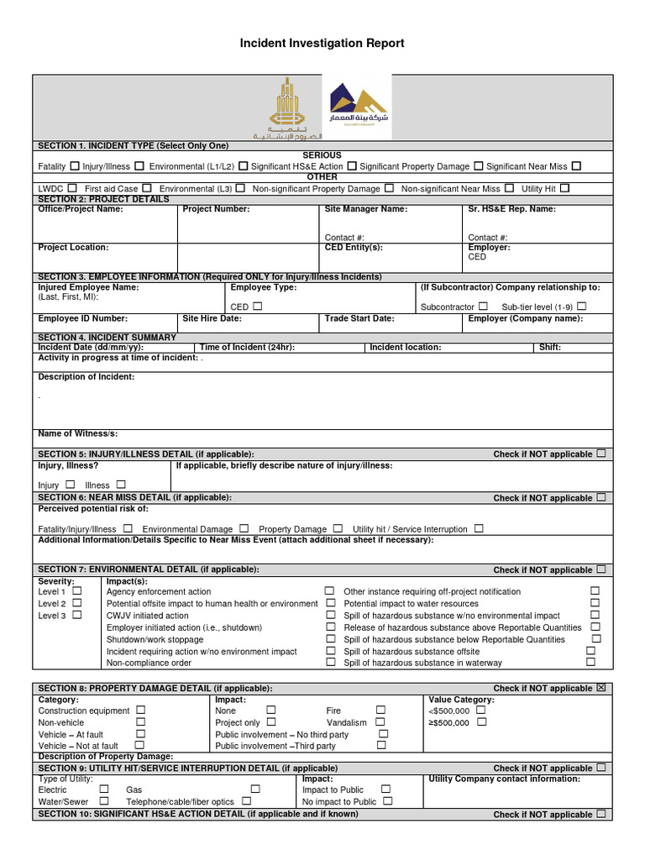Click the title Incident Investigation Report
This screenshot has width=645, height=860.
point(322,43)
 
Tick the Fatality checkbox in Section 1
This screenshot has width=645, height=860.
point(76,166)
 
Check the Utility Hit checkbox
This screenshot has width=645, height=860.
point(564,188)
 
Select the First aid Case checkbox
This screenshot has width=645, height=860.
point(147,188)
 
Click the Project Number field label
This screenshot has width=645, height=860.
point(216,209)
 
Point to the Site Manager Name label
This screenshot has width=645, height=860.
point(365,209)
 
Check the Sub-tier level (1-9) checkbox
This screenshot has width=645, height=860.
point(582,307)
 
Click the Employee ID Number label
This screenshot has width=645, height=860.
point(83,318)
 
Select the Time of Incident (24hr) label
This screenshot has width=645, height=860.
point(246,347)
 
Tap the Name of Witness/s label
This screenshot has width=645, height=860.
point(78,433)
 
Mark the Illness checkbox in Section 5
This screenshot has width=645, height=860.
point(121,485)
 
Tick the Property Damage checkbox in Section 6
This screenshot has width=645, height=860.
point(338,528)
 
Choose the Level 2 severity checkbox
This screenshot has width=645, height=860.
point(76,603)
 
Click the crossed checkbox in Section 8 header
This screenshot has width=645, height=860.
point(600,688)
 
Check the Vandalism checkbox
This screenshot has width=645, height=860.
point(380,721)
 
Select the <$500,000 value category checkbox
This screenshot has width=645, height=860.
point(480,710)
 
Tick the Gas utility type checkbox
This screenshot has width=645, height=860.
point(255,789)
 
